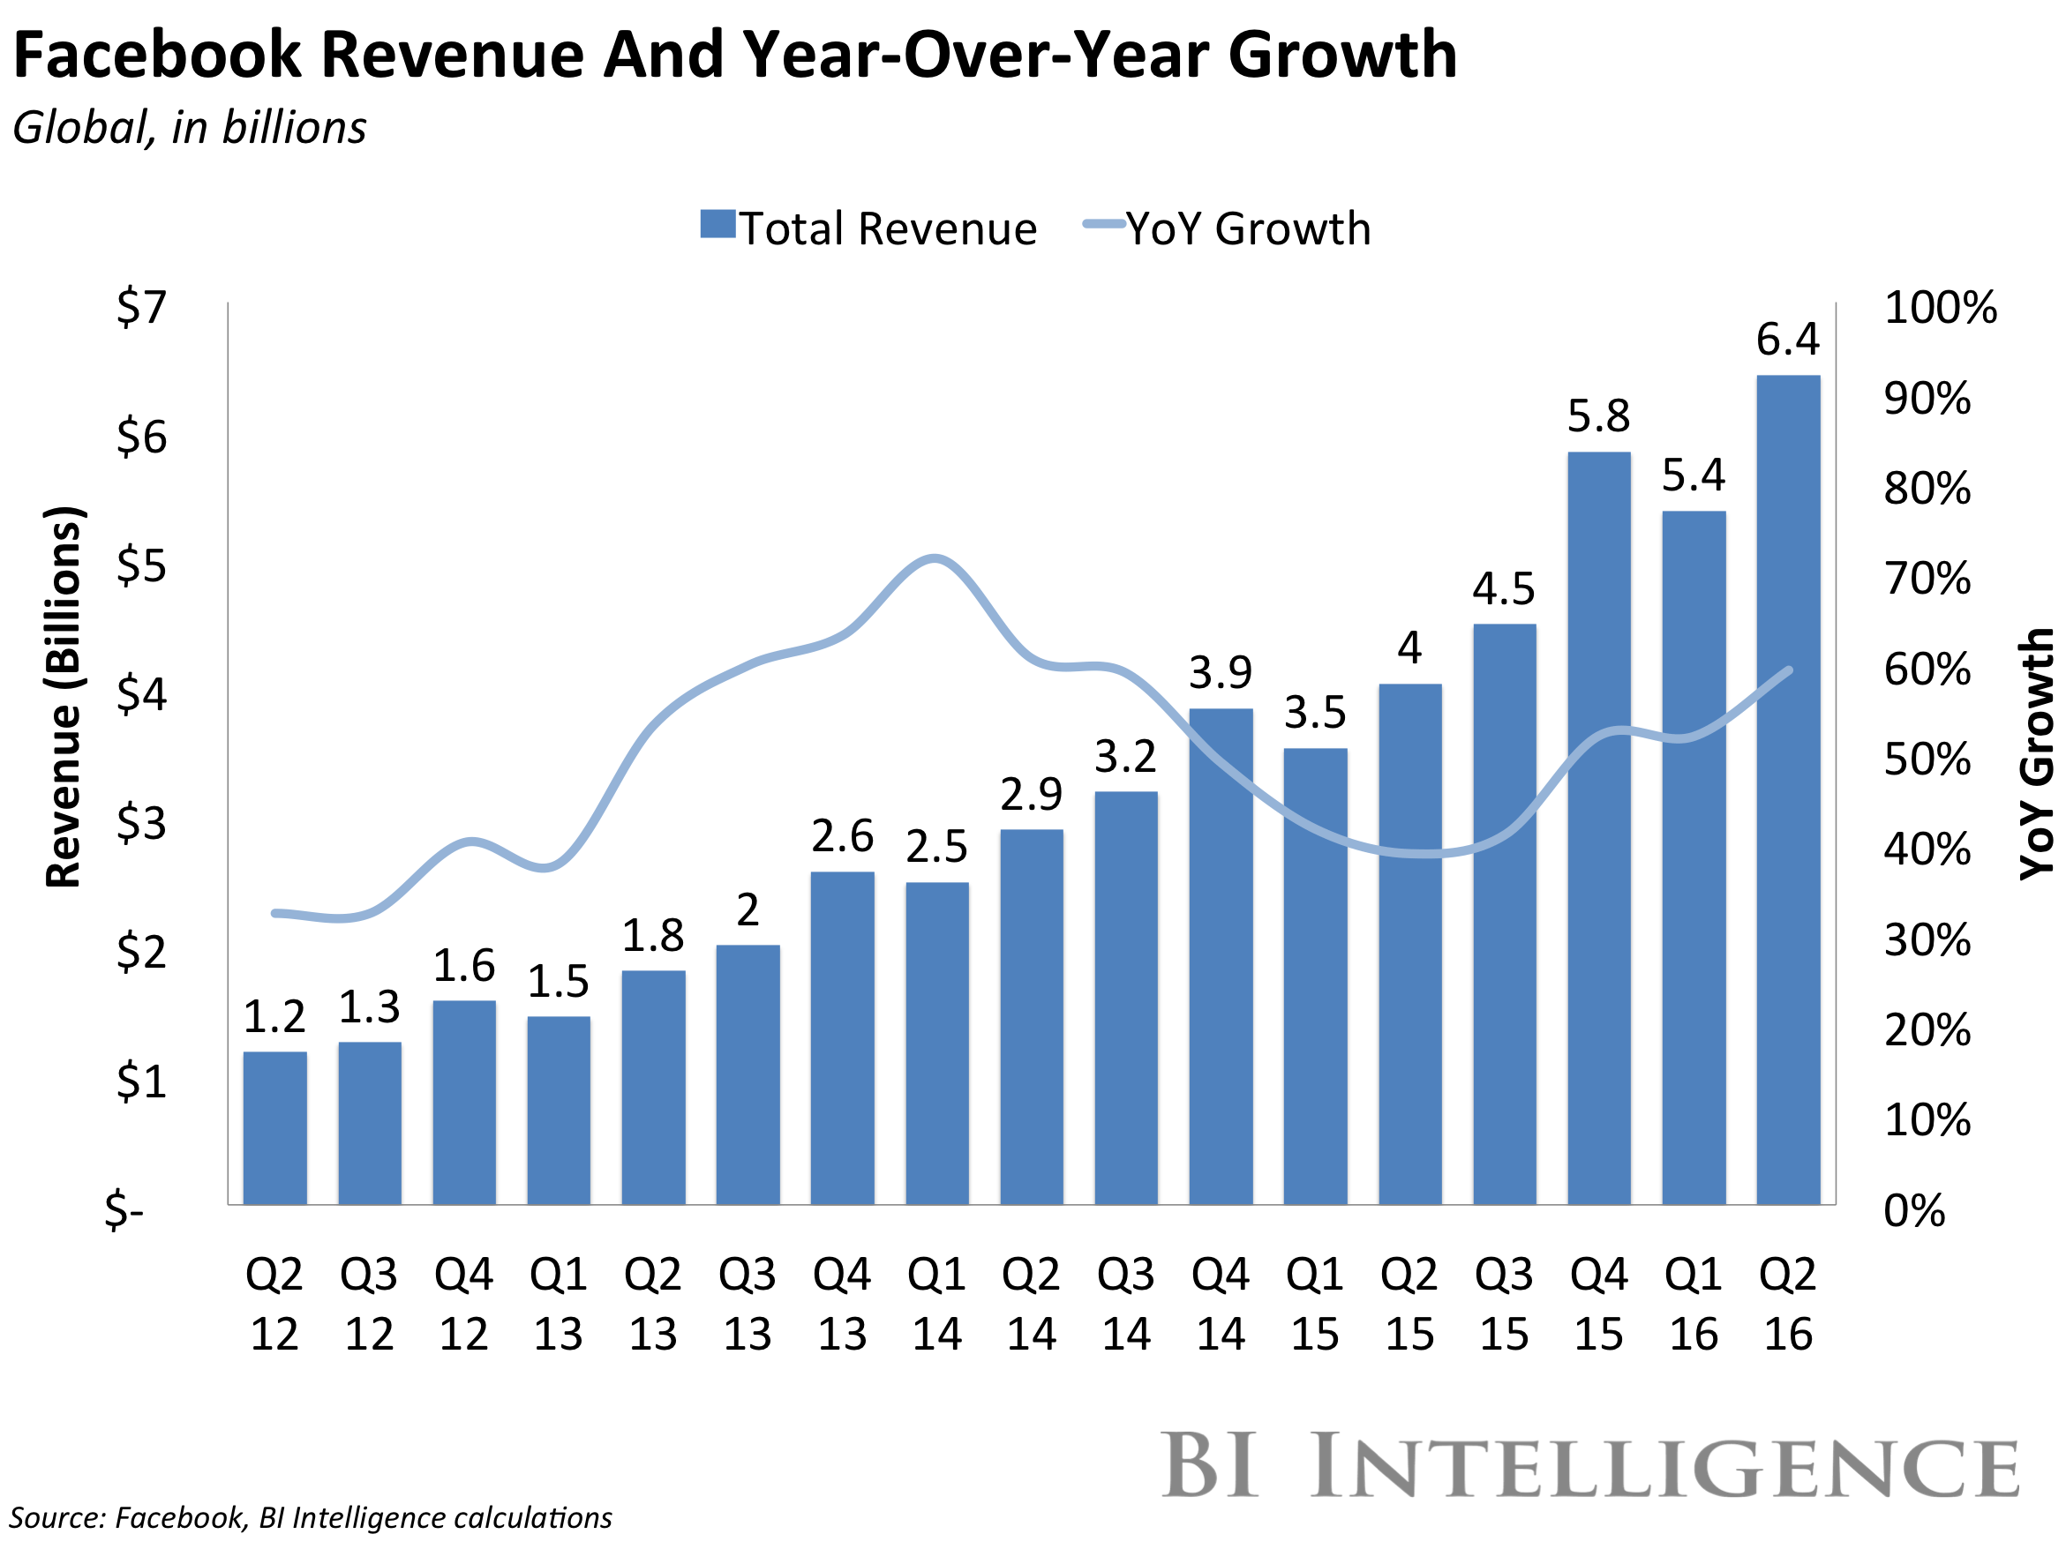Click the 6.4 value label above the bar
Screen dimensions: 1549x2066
click(x=1788, y=339)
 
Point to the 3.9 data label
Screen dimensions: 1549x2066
click(x=1220, y=672)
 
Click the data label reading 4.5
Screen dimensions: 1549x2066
click(x=1504, y=589)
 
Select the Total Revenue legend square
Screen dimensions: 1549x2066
click(x=717, y=225)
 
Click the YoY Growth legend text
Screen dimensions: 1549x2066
click(x=1248, y=228)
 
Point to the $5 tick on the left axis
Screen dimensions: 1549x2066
click(x=142, y=565)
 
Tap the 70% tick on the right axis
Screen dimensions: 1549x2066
click(x=1927, y=579)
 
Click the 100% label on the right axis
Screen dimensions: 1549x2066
click(x=1940, y=307)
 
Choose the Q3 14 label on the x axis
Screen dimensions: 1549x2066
click(x=1125, y=1304)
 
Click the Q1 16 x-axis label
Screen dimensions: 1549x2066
click(x=1694, y=1304)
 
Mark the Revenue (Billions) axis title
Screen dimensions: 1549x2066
click(x=64, y=697)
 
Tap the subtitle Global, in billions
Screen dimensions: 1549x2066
click(x=190, y=128)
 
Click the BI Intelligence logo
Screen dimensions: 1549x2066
click(x=1590, y=1465)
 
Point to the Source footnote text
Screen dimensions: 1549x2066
click(x=311, y=1518)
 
